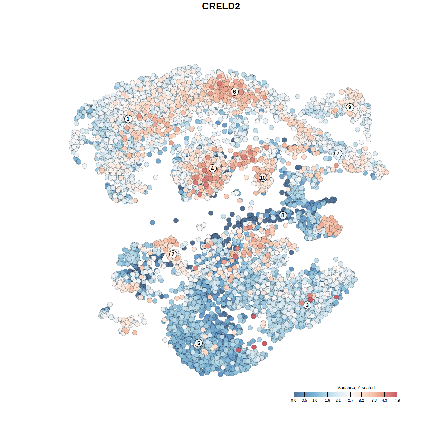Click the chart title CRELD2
point(221,6)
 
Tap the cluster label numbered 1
point(128,119)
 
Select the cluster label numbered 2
point(173,254)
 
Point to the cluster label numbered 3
point(307,305)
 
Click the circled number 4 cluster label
point(212,168)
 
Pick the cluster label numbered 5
point(198,343)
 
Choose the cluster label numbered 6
point(234,92)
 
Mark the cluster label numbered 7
point(338,154)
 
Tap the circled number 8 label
point(283,215)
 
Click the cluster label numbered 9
point(350,107)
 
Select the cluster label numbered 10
point(263,177)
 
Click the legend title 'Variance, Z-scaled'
point(356,387)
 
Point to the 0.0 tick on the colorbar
point(294,400)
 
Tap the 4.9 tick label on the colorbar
point(397,400)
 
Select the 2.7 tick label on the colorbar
point(350,400)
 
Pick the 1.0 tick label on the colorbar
point(315,400)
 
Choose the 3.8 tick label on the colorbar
point(374,400)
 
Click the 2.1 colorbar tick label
point(338,400)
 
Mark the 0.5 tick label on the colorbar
point(304,400)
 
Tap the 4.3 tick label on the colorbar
point(384,400)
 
